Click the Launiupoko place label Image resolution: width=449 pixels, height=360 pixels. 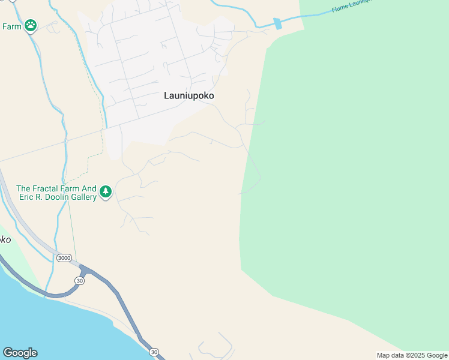coord(189,95)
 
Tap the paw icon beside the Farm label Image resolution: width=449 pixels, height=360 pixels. coord(31,26)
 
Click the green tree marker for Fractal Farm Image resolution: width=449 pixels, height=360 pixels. coord(106,192)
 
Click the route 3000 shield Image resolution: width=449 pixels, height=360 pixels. coord(64,258)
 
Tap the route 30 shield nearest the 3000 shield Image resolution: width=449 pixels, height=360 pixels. coord(80,280)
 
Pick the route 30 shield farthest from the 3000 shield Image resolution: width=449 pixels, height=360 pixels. coord(154,352)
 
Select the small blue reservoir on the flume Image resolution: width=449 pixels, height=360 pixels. coord(277,24)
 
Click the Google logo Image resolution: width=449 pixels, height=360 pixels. coord(20,353)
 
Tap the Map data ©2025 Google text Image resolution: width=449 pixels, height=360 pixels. coord(412,355)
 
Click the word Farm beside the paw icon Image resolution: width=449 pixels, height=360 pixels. coord(11,26)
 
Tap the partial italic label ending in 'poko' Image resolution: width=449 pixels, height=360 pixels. coord(5,239)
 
